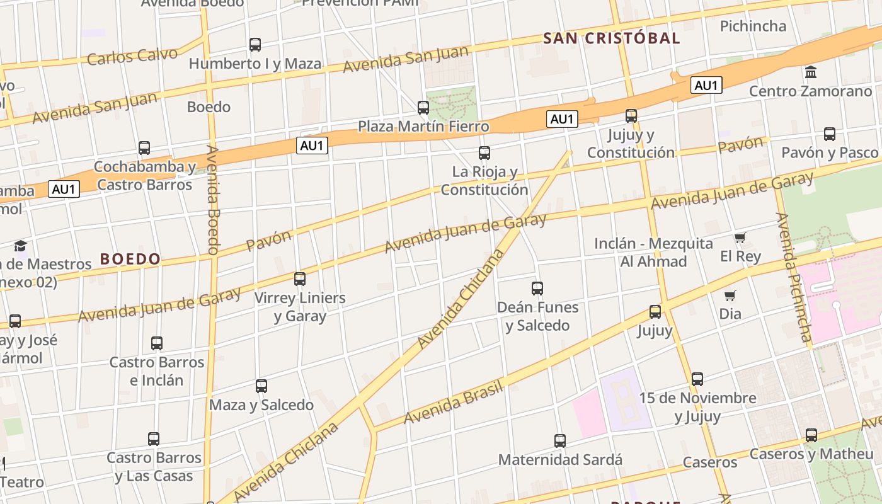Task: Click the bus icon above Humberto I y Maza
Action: coord(255,45)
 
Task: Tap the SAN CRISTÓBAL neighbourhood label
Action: coord(611,38)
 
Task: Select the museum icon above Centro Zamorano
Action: coord(811,72)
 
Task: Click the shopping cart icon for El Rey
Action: coord(740,238)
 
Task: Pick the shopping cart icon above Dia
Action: coord(730,295)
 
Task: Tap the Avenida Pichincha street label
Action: coord(795,277)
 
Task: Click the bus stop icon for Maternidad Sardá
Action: coord(559,441)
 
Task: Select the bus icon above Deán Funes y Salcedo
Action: coord(537,289)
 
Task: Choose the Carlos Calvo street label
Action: coord(132,57)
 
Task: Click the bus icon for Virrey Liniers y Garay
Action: coord(300,278)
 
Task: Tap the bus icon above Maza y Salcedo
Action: coord(261,386)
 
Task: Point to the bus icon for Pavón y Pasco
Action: coord(830,134)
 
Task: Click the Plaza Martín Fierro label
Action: coord(423,127)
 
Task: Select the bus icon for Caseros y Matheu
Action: coord(811,435)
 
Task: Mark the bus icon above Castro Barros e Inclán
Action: coord(157,343)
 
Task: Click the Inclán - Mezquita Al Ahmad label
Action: coord(653,252)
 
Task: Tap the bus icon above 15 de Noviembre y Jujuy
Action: coord(697,379)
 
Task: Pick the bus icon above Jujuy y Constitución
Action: coord(631,116)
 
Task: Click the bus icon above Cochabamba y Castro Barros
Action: coord(144,149)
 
